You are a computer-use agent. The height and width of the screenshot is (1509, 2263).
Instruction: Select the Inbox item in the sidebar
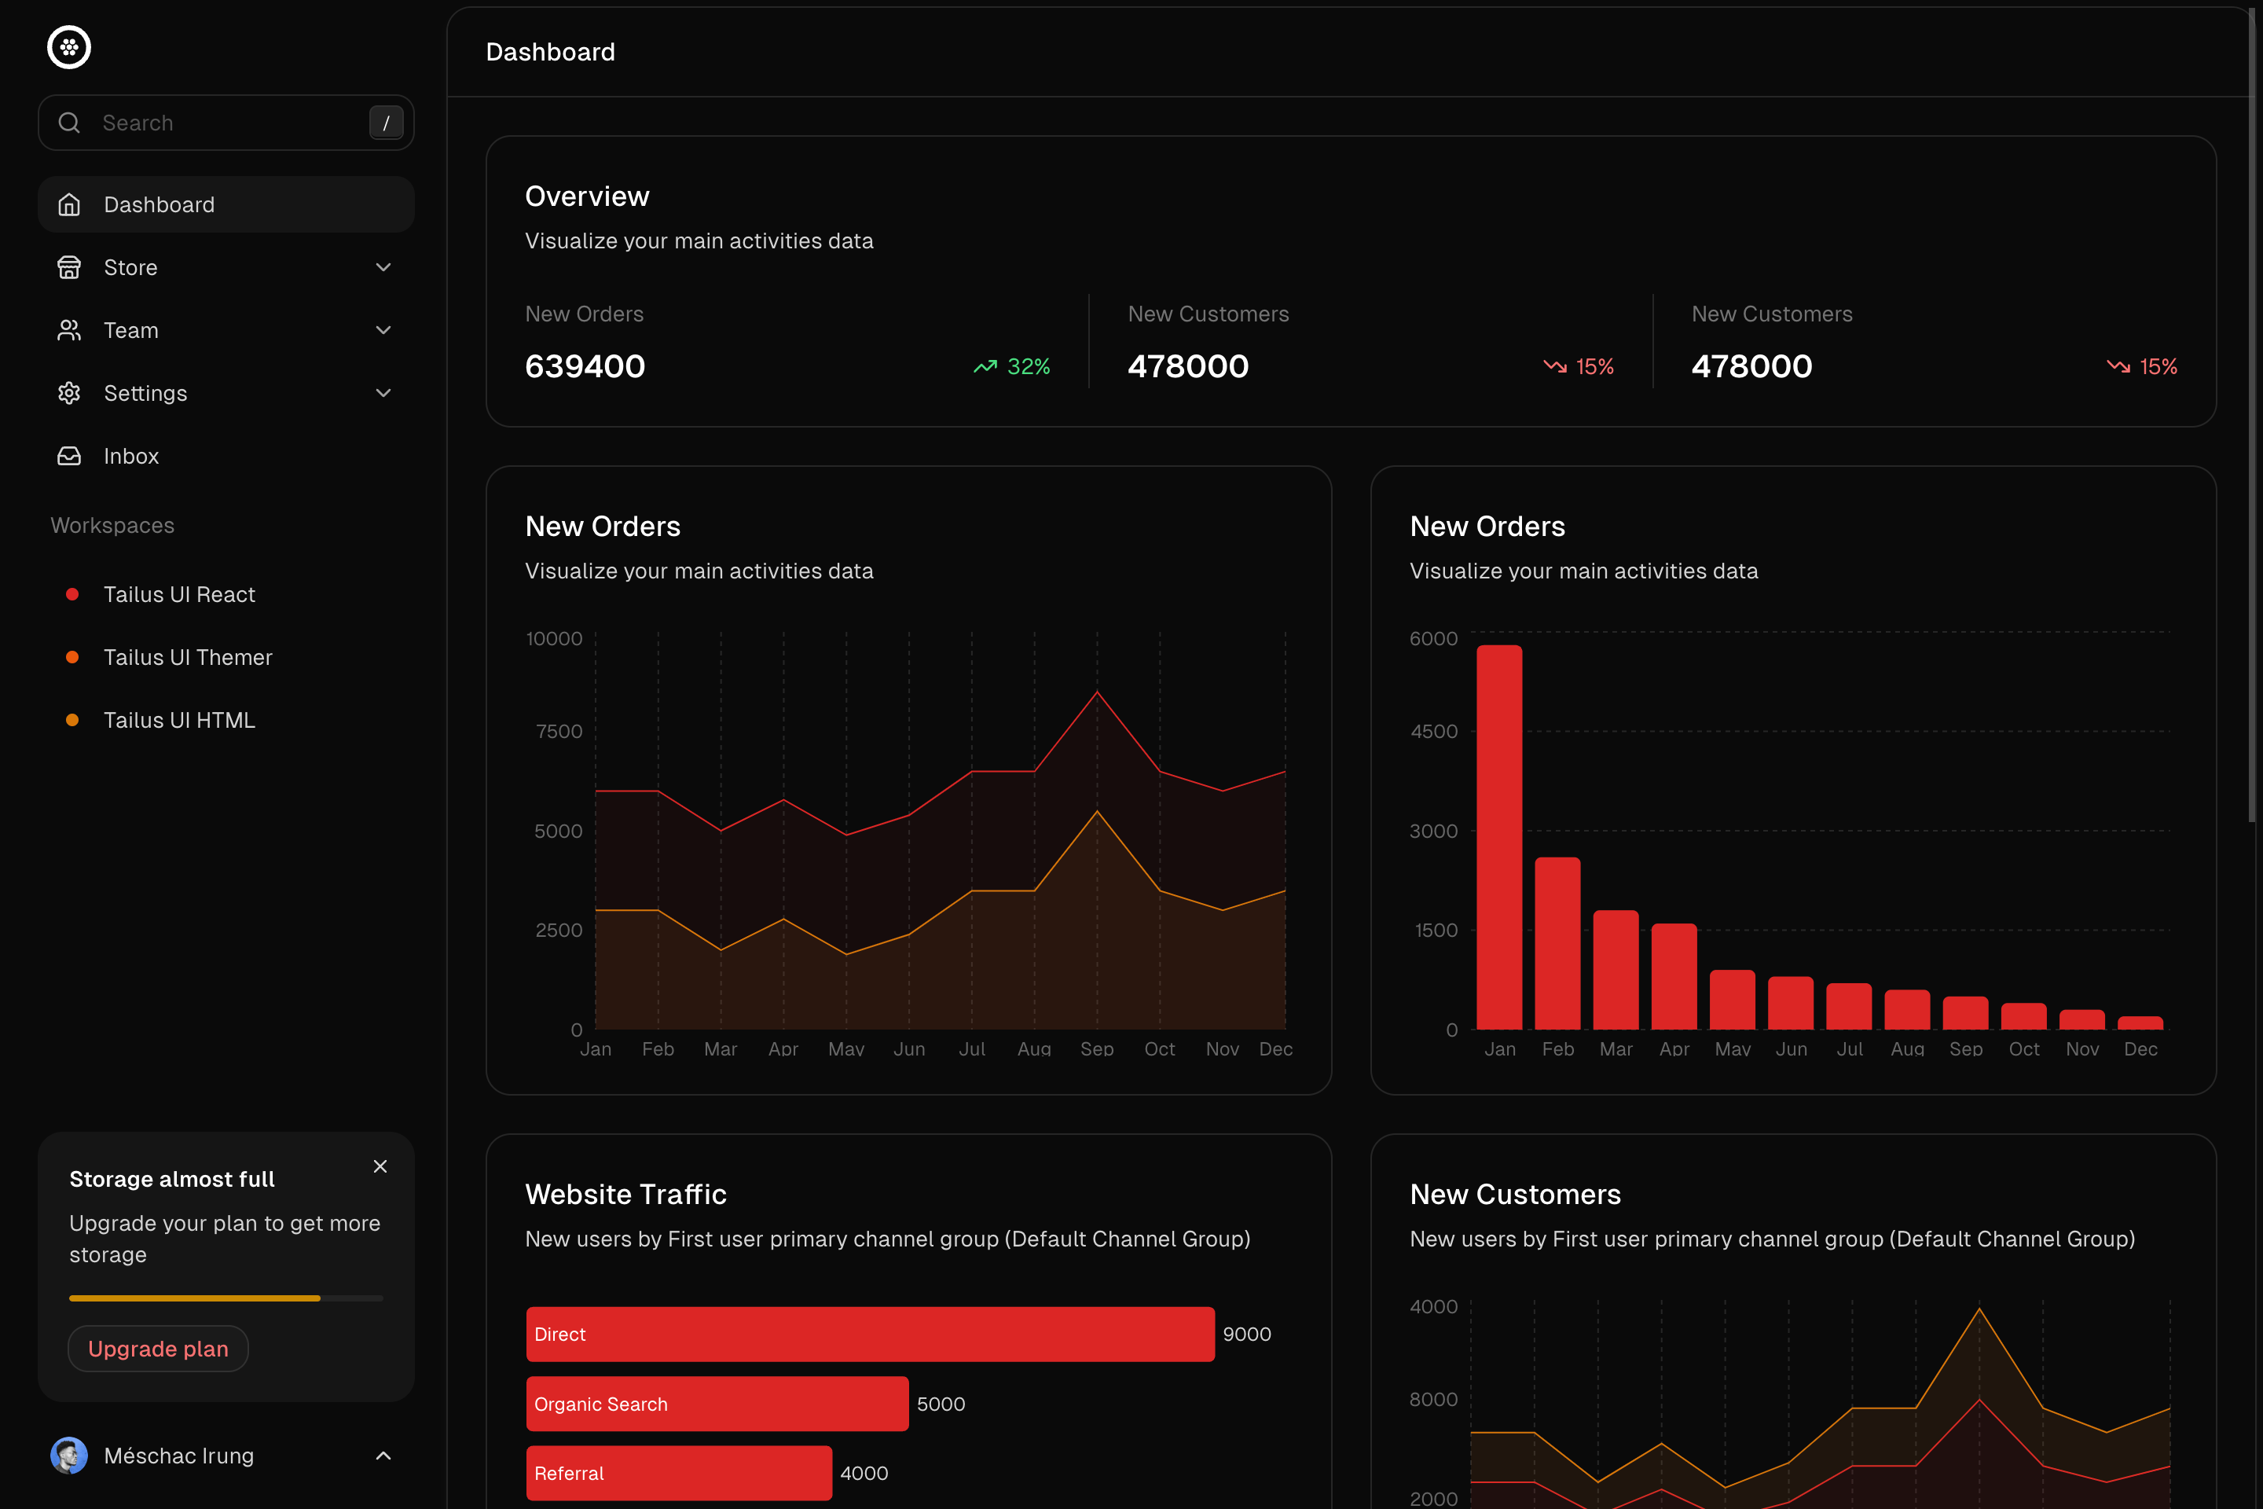pyautogui.click(x=131, y=456)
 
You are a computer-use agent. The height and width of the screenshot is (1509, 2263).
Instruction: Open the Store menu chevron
pyautogui.click(x=383, y=267)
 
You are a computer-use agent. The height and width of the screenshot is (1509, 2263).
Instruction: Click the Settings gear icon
pyautogui.click(x=69, y=393)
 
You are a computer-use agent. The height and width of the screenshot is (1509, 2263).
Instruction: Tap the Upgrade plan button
pyautogui.click(x=159, y=1349)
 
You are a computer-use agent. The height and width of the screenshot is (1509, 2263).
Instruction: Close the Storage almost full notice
pyautogui.click(x=380, y=1166)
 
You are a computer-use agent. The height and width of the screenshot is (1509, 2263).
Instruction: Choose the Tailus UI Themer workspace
pyautogui.click(x=188, y=657)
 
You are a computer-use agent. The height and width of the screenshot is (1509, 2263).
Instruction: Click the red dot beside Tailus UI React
pyautogui.click(x=72, y=594)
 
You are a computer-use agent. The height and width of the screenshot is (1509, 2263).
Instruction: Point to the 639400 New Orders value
pyautogui.click(x=585, y=367)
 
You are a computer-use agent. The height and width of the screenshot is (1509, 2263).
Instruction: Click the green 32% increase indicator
pyautogui.click(x=1012, y=367)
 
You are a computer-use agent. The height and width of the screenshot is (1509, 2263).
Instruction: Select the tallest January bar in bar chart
pyautogui.click(x=1499, y=837)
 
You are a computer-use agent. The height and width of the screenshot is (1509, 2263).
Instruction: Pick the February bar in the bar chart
pyautogui.click(x=1557, y=943)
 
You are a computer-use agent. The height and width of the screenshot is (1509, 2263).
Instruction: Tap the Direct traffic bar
pyautogui.click(x=870, y=1334)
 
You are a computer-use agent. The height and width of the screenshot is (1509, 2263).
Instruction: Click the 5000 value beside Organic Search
pyautogui.click(x=940, y=1404)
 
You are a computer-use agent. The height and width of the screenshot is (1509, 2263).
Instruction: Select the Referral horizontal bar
pyautogui.click(x=678, y=1474)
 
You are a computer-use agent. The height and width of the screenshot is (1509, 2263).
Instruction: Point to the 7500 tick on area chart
pyautogui.click(x=559, y=732)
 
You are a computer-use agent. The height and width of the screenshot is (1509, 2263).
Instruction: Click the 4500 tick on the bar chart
pyautogui.click(x=1433, y=732)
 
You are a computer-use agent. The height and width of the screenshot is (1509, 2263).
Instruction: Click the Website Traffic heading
pyautogui.click(x=625, y=1195)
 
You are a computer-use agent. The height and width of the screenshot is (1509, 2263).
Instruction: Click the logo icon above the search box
pyautogui.click(x=69, y=47)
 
